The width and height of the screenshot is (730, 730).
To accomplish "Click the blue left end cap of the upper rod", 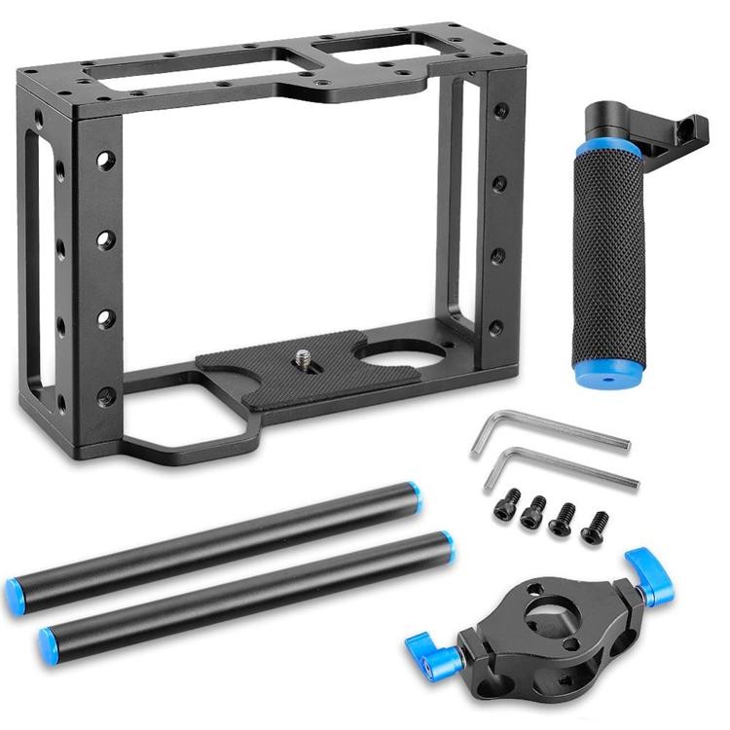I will coord(18,590).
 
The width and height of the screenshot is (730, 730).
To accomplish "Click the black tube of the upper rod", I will coord(214,541).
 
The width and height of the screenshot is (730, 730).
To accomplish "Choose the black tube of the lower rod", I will coord(243,592).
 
